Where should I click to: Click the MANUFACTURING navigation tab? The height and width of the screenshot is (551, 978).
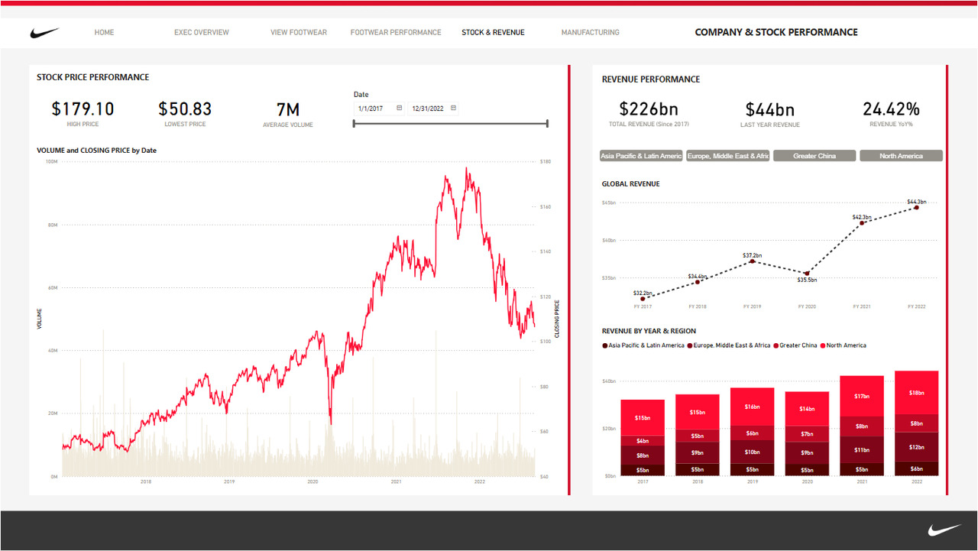tap(590, 33)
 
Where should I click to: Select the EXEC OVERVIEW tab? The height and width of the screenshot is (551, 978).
tap(201, 33)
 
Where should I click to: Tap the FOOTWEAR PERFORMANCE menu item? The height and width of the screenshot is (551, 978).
tap(396, 33)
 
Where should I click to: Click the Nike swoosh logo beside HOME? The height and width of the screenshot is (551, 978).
tap(44, 33)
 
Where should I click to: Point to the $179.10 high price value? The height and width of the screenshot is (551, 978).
tap(83, 109)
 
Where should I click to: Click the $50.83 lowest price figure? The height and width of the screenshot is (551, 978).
tap(185, 109)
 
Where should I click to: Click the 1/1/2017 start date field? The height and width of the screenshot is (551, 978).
tap(375, 109)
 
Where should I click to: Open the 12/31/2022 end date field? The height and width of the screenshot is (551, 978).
tap(429, 109)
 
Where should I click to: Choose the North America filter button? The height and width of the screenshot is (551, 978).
tap(901, 156)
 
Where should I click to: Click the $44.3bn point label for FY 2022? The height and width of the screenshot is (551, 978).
tap(917, 202)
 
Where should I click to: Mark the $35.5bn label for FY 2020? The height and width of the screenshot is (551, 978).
tap(807, 280)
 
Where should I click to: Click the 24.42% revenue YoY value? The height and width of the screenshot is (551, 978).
tap(891, 109)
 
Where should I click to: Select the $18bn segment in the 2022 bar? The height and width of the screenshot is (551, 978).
tap(916, 392)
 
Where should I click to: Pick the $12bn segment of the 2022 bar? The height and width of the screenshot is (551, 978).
tap(916, 447)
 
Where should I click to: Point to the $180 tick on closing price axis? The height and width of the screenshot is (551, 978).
tap(545, 162)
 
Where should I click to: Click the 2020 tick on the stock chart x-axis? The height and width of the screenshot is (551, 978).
tap(313, 482)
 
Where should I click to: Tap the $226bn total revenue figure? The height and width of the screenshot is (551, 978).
tap(649, 109)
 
